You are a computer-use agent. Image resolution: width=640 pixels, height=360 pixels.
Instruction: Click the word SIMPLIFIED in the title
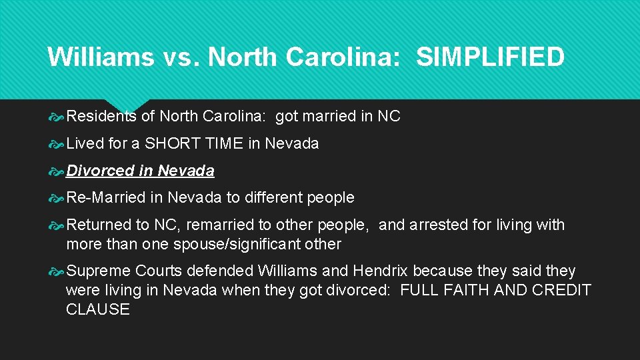point(490,57)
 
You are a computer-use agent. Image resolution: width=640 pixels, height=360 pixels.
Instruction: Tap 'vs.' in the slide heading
point(180,57)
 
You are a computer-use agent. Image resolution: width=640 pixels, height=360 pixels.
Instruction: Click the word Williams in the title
point(100,57)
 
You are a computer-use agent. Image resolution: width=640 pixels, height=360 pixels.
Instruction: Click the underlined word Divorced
point(101,171)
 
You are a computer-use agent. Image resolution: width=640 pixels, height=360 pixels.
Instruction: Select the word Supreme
point(98,271)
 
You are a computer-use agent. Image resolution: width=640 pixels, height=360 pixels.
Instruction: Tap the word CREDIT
point(561,290)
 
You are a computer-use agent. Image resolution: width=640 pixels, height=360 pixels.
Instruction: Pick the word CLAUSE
point(98,309)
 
